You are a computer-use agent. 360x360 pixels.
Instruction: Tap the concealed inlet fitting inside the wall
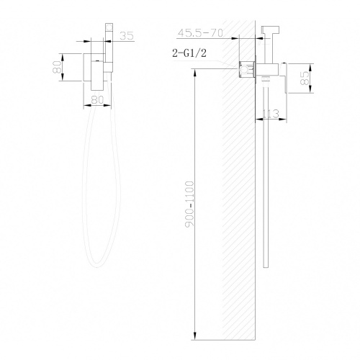coord(248,70)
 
